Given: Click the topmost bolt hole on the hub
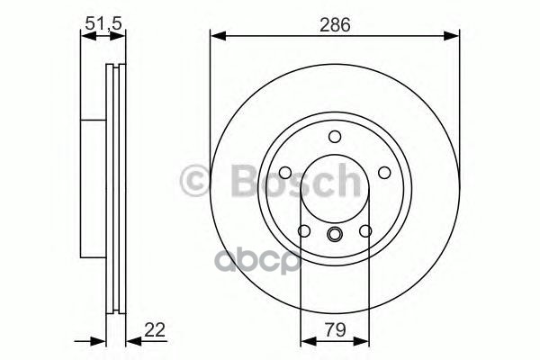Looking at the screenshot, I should coord(334,137).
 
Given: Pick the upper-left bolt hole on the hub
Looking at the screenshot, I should coord(284,173).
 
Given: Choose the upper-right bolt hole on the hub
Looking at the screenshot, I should coord(384,173).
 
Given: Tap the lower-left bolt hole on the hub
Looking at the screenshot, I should coord(303,231).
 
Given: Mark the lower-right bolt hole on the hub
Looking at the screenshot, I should coord(365,231).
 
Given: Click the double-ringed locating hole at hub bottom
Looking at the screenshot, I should coord(334,237).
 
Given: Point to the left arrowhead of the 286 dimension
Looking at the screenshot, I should coord(216,37).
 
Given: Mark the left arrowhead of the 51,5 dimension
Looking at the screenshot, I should coord(85,37).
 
